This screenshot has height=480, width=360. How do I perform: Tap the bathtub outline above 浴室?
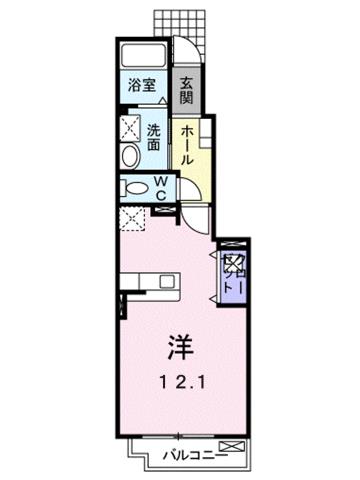coord(142,54)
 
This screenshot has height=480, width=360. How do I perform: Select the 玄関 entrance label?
coord(187,89)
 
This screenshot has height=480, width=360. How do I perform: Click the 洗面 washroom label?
coord(154,137)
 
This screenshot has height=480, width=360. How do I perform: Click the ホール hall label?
coord(187,144)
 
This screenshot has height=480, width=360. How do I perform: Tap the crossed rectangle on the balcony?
coord(230,445)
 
